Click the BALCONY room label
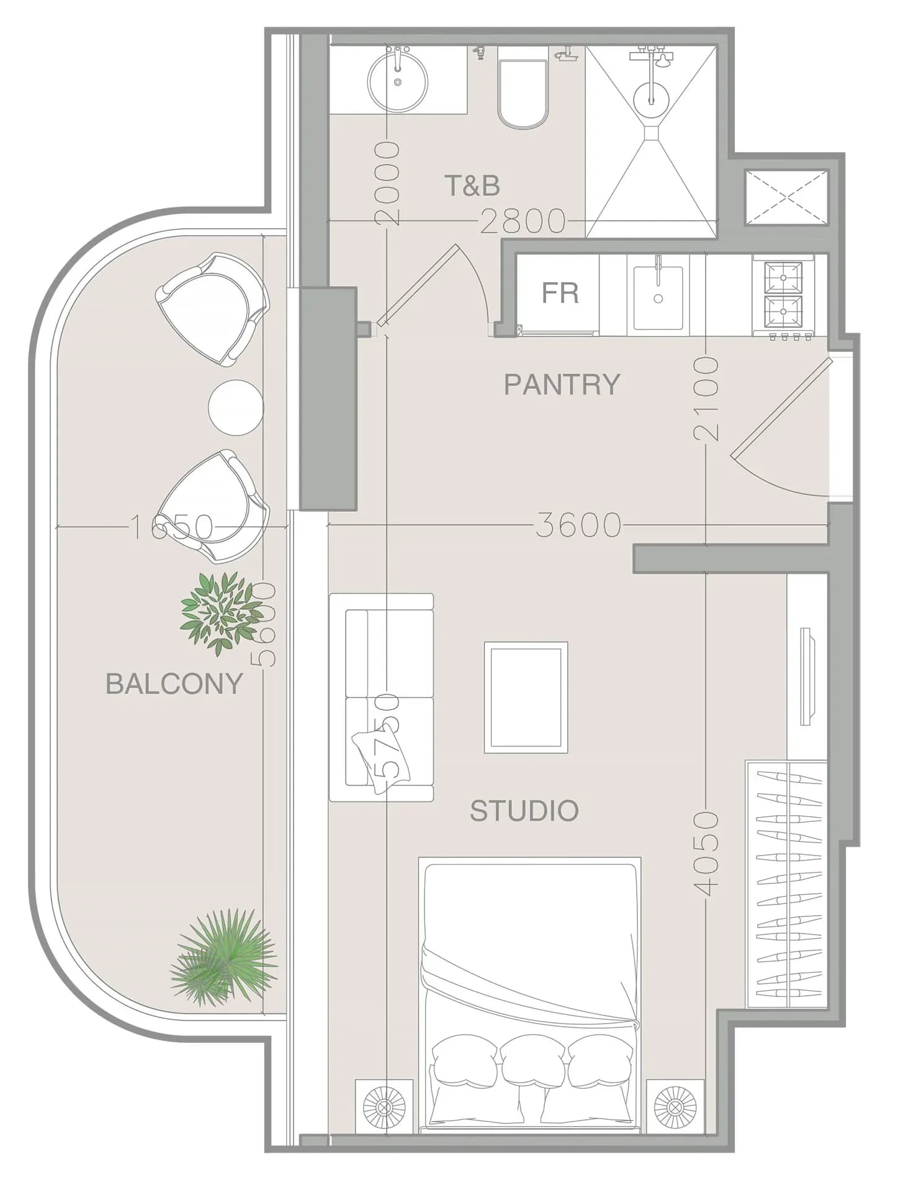[174, 684]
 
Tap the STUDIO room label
[524, 811]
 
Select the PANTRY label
[562, 385]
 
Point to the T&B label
[472, 185]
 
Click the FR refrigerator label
[560, 293]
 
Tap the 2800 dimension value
[523, 221]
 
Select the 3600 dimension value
[578, 525]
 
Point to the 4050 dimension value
[706, 854]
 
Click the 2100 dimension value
[707, 398]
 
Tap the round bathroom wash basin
[397, 81]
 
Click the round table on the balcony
[236, 408]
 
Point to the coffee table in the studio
[526, 697]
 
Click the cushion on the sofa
[380, 761]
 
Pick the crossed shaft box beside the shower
[787, 198]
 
